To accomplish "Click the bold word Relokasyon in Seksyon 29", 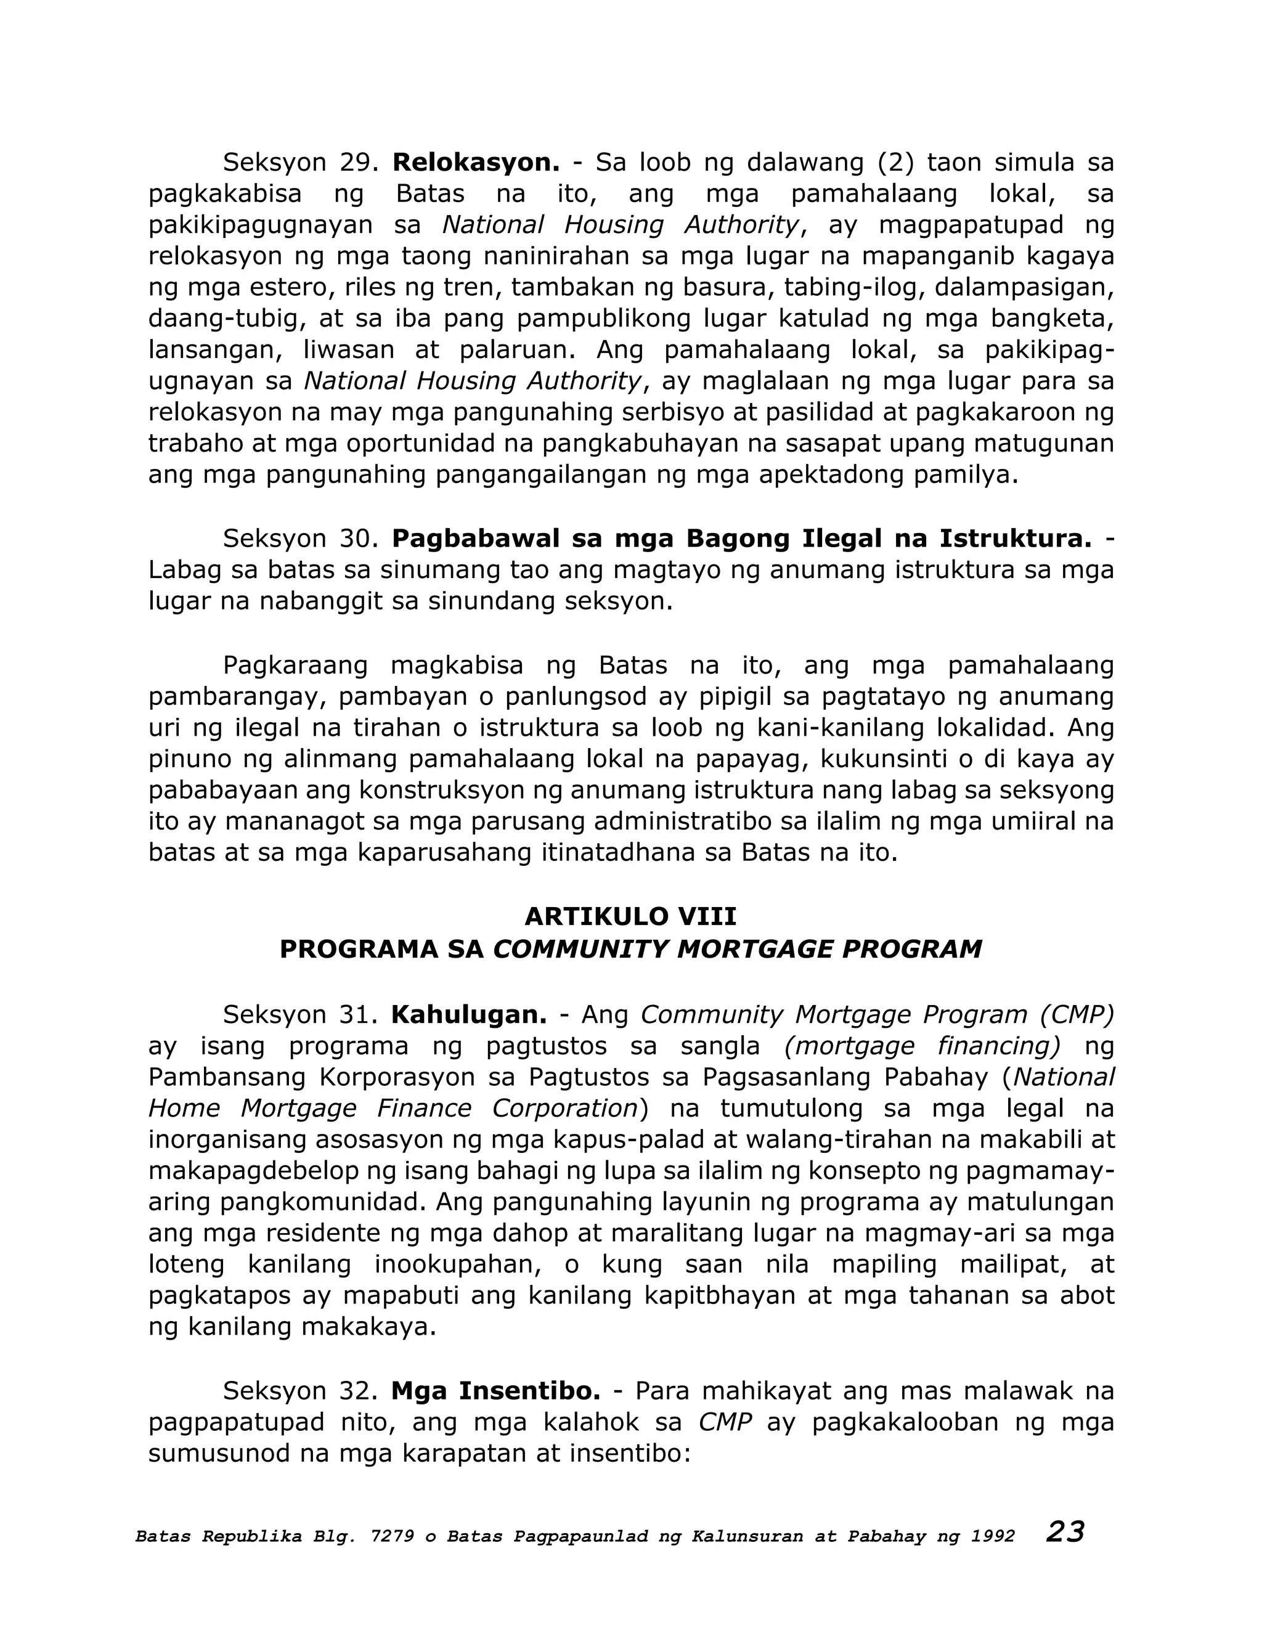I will [x=476, y=162].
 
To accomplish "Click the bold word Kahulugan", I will [x=469, y=1015].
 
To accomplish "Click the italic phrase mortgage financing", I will [x=922, y=1046].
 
